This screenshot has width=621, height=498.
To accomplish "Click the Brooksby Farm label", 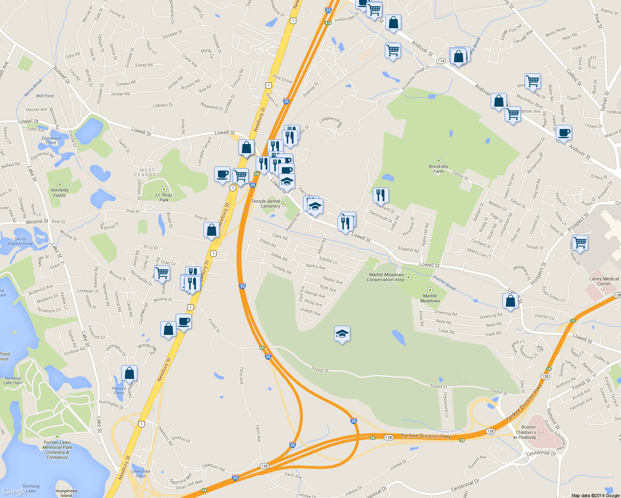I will click(x=438, y=168).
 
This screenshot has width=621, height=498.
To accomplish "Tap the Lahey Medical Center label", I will click(x=604, y=281).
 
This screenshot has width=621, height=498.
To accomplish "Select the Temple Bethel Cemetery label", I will click(x=266, y=204).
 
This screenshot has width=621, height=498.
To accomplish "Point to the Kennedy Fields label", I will click(x=59, y=193).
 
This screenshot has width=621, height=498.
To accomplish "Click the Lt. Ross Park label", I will click(x=164, y=197).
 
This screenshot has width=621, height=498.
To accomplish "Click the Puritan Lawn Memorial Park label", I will click(x=57, y=450).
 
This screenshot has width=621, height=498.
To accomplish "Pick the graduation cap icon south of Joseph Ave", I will click(x=342, y=334).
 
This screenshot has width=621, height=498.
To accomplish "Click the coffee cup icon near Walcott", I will click(x=564, y=133).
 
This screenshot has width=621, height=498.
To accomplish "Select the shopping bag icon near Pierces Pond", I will click(x=129, y=373).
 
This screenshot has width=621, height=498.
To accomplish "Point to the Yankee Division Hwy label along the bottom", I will click(x=425, y=436).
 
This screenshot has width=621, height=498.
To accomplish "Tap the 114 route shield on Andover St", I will click(x=441, y=61).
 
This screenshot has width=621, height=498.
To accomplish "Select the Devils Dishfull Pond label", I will click(x=20, y=241).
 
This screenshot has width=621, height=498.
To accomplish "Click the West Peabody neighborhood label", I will click(x=147, y=172).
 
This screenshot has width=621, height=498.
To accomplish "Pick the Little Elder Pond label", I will click(x=141, y=474).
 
